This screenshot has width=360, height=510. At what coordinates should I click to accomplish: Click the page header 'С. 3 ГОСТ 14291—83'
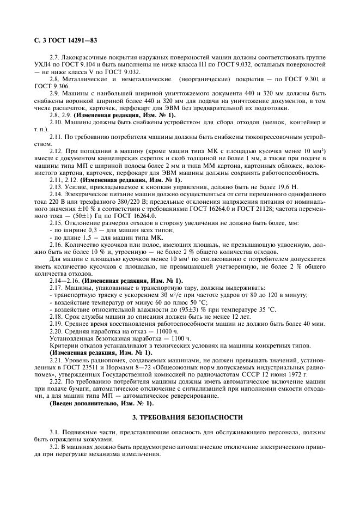[x=60, y=39]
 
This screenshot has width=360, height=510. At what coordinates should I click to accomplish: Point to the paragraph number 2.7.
[x=55, y=57]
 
